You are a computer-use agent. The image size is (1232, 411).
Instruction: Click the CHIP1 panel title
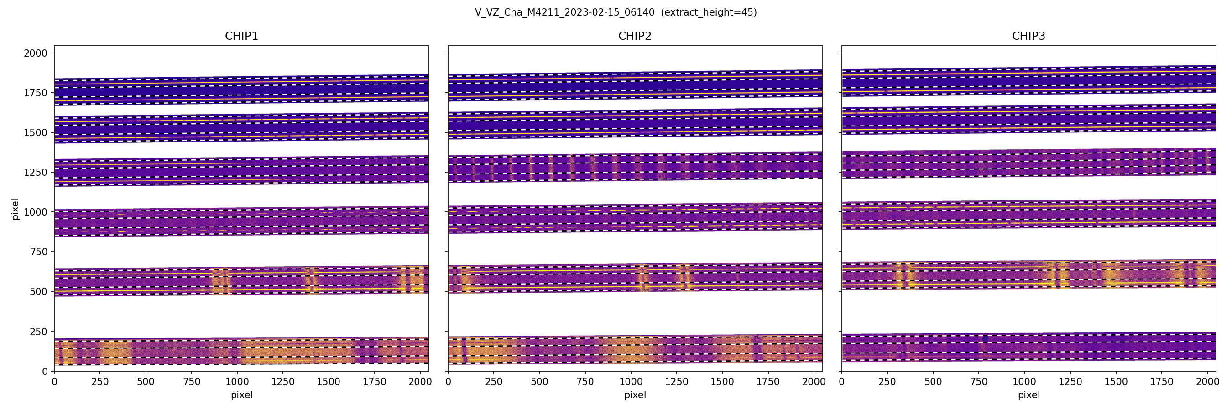click(241, 36)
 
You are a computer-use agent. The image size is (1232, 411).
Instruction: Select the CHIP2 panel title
click(635, 36)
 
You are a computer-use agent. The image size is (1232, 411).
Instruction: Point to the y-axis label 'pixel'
click(16, 209)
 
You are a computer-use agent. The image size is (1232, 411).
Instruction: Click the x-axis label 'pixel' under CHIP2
click(635, 395)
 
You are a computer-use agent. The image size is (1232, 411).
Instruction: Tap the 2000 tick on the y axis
click(36, 53)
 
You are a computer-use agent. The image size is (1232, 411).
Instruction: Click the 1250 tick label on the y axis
click(36, 172)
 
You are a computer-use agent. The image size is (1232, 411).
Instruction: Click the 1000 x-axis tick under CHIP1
click(237, 382)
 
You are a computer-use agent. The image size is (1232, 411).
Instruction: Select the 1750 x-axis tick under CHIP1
click(375, 382)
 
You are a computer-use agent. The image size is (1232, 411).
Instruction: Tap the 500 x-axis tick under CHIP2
click(539, 382)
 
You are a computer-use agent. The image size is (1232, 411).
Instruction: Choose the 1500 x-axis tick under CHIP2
click(722, 382)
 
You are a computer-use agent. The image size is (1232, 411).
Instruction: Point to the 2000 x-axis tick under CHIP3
click(1208, 382)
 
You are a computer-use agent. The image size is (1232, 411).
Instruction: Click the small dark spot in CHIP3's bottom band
click(985, 339)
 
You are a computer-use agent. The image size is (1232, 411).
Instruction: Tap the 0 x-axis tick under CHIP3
click(842, 382)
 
